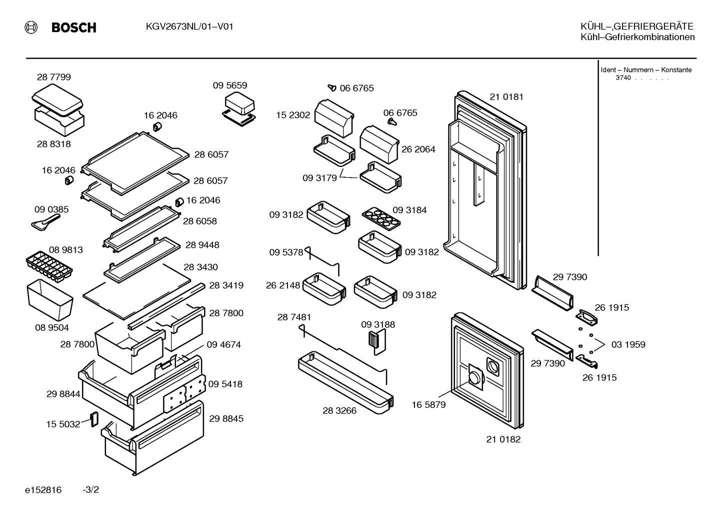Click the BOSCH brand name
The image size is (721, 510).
pos(73,28)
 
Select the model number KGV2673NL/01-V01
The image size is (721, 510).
pos(189,27)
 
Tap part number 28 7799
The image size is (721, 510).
pos(54,77)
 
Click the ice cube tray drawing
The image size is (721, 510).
pos(49,267)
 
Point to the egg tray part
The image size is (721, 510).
pos(381,219)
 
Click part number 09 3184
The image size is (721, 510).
pos(409,210)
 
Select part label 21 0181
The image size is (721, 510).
pos(506,97)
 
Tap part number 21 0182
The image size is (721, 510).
pos(503,439)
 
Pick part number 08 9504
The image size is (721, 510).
pos(52,328)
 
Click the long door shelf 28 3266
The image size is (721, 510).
pos(345,382)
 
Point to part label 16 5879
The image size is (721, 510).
pos(428,405)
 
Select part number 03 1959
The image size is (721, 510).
pos(628,344)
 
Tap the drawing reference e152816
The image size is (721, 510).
pos(43,490)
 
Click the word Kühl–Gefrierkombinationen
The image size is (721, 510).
pos(637,38)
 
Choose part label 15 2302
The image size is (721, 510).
pos(293,115)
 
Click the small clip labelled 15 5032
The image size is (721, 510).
pos(94,419)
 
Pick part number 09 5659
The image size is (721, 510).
pos(230,86)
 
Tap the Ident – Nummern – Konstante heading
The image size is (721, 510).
pos(646,70)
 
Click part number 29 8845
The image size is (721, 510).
pos(226,418)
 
